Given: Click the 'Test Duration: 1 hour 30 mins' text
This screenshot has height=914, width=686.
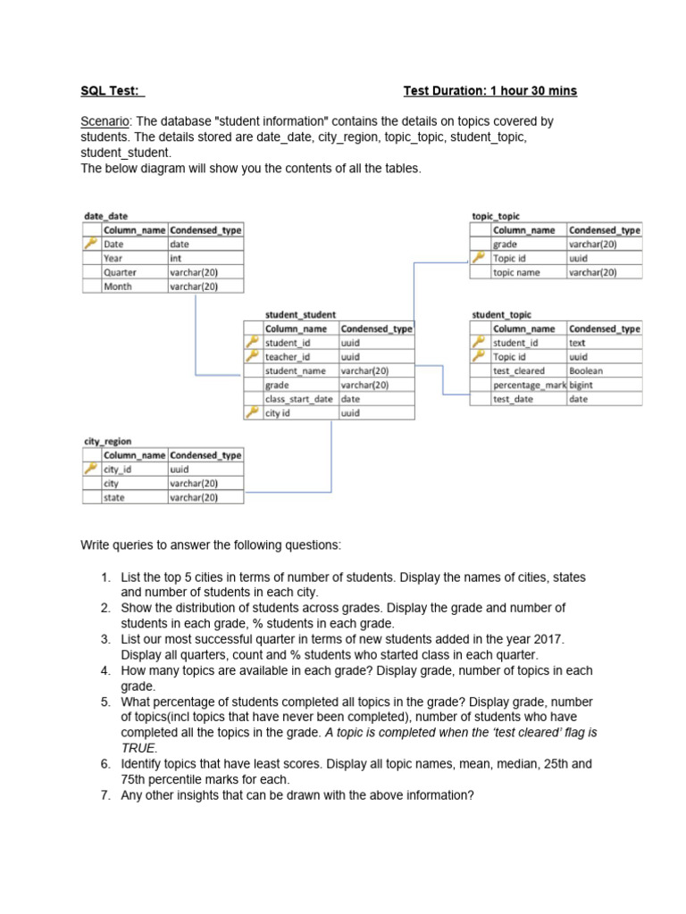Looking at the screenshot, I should (x=489, y=91).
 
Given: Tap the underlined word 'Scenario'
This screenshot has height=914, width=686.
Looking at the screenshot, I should (x=105, y=120).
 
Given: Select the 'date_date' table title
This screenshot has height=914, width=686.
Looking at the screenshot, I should (x=105, y=216).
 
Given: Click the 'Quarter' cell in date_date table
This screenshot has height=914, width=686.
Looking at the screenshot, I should (x=121, y=272).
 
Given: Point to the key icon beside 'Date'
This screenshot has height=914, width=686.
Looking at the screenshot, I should (x=90, y=244).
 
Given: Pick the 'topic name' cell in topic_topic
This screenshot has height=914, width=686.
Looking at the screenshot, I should (x=517, y=272).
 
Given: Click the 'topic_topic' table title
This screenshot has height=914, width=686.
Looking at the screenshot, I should (x=495, y=216).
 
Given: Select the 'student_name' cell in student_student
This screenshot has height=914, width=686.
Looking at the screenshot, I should (x=296, y=370).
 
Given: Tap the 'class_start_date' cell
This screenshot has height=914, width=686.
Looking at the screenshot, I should (x=299, y=399).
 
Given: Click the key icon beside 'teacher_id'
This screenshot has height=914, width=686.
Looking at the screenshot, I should (x=252, y=356).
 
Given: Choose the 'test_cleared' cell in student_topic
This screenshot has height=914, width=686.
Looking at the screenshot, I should (x=519, y=370).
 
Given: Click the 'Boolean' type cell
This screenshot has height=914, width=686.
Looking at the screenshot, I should (x=586, y=370).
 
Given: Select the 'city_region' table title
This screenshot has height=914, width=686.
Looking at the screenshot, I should (x=106, y=441).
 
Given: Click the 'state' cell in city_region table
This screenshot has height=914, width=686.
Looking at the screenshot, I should (x=114, y=497).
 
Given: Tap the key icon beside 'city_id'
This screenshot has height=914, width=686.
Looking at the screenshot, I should (x=90, y=469).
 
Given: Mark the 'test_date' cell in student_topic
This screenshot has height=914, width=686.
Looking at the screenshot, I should (x=514, y=399).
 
